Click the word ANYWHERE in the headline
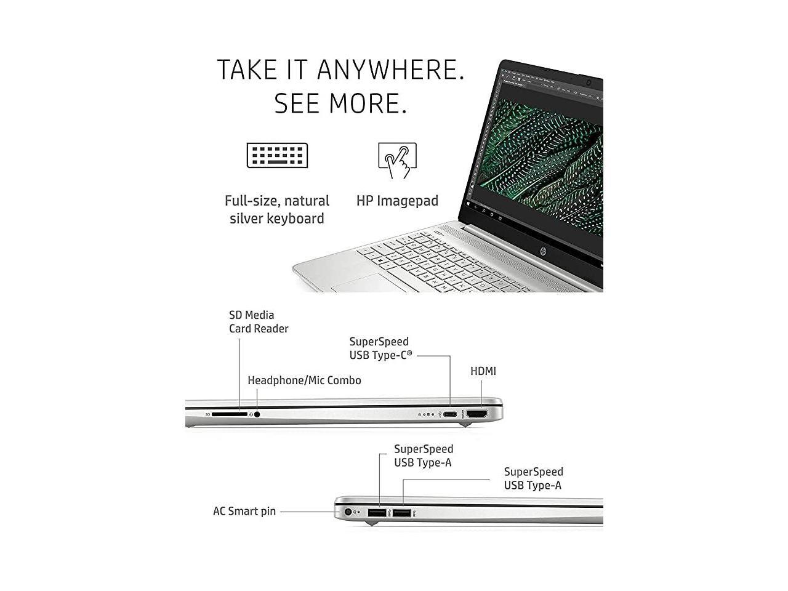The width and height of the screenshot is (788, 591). [x=390, y=70]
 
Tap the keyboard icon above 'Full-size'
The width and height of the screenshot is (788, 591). [x=277, y=155]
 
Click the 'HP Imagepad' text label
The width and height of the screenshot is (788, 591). [x=397, y=201]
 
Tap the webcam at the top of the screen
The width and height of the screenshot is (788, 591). [x=589, y=82]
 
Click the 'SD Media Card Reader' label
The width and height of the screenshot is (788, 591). [x=259, y=322]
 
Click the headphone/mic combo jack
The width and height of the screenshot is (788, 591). [x=257, y=414]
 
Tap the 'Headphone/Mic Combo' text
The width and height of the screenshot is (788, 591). [x=304, y=380]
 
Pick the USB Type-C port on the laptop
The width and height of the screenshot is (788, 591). [x=451, y=414]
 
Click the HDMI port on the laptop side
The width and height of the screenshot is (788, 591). [x=477, y=414]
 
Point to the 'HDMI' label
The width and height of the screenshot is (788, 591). [x=483, y=371]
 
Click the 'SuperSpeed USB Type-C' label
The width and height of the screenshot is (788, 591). [x=380, y=348]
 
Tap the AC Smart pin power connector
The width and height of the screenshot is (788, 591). [x=348, y=512]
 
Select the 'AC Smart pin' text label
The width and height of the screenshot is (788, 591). [x=244, y=511]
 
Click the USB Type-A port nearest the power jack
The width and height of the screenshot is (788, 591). [x=377, y=512]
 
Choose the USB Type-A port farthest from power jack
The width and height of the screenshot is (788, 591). [x=401, y=512]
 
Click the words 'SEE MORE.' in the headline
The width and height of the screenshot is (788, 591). [x=340, y=103]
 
